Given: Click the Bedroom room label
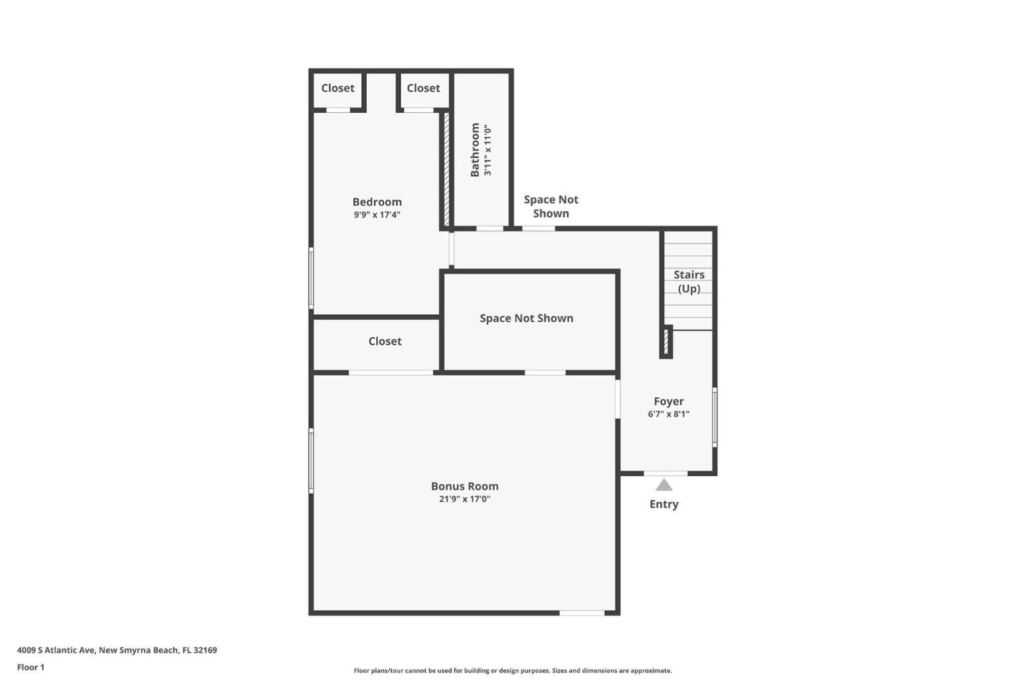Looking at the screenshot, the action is point(377,202).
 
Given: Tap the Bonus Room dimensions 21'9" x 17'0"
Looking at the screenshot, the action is point(464,499).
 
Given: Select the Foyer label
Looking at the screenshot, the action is point(668,401).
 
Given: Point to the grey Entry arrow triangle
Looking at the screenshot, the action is point(664,485).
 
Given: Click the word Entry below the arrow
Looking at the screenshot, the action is point(664,504).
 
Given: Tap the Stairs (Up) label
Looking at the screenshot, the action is point(689,282).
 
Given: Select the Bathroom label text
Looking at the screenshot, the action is point(474,150).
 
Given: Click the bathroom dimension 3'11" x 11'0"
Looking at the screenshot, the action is point(487,150).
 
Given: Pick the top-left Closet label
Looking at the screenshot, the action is point(338,88).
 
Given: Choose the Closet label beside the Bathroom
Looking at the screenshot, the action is point(423,88).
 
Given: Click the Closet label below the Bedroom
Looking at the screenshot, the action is point(385,341).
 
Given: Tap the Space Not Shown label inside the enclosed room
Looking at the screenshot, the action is point(526,318).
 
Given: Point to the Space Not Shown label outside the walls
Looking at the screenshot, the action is point(551,206).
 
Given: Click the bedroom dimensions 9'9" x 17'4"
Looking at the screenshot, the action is point(377,215).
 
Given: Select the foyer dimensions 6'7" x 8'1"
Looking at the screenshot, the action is point(668,414).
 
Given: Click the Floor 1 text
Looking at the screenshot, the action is point(31,667).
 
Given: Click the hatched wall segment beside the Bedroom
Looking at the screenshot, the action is point(446,170).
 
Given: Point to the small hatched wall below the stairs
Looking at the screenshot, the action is point(666,342).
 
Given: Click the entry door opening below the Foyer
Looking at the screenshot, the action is point(665,474).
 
